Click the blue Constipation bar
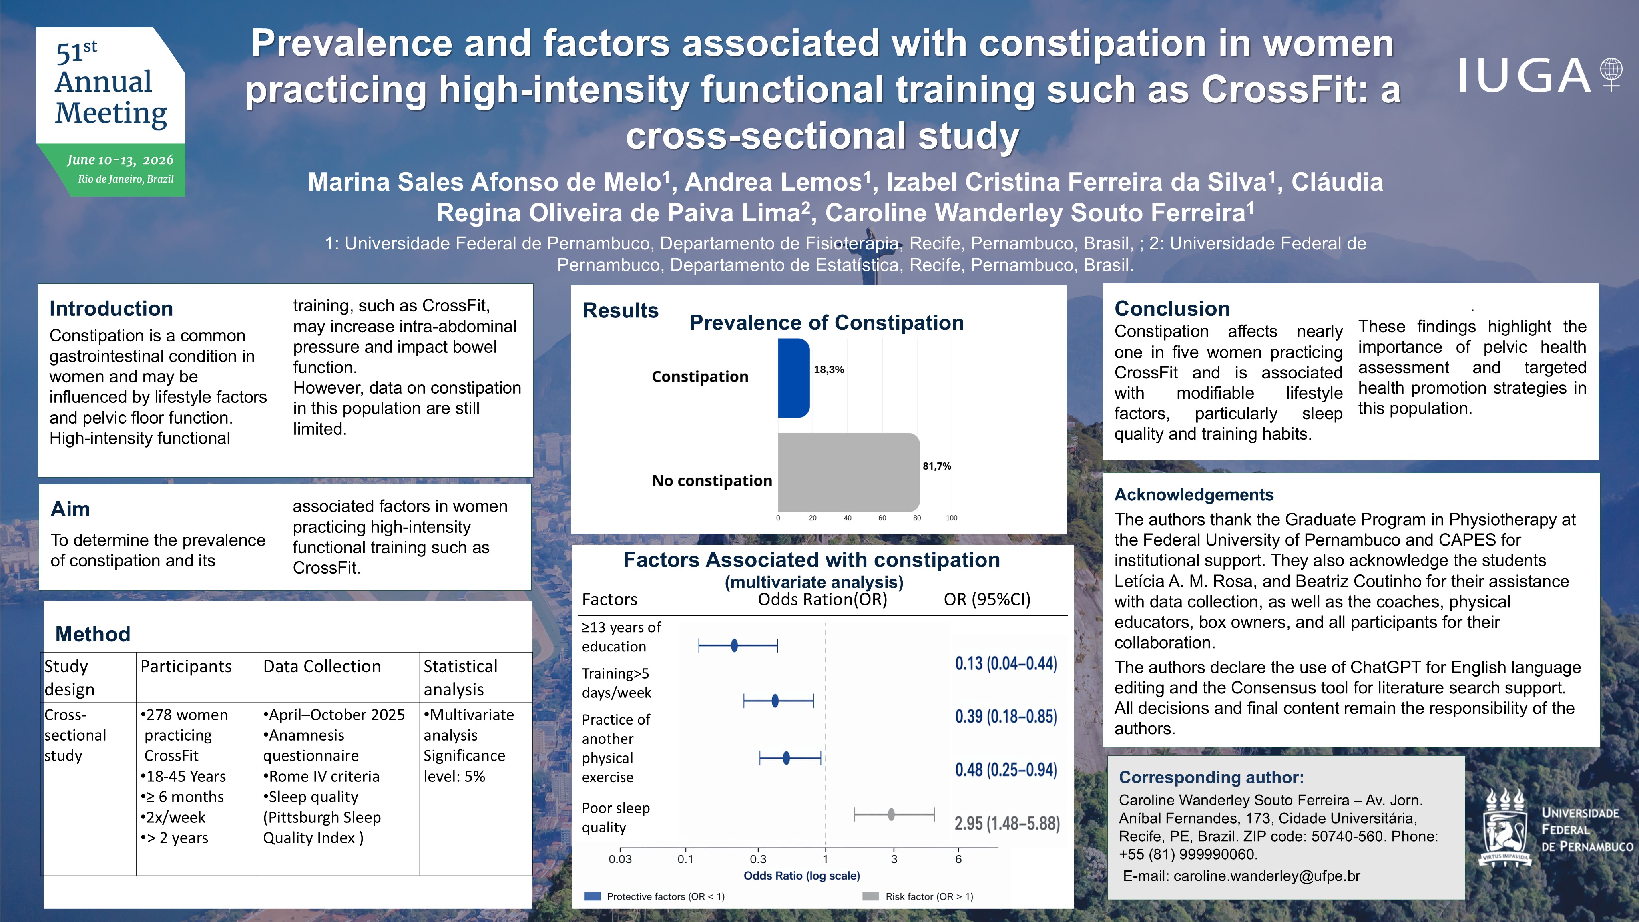click(x=794, y=378)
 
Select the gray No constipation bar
click(x=849, y=472)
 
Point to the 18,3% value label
click(x=828, y=370)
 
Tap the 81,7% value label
click(x=936, y=466)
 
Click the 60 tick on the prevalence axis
click(x=882, y=518)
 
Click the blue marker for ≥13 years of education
click(x=734, y=646)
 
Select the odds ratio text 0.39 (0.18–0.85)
click(x=1006, y=717)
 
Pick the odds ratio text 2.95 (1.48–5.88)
click(x=1006, y=824)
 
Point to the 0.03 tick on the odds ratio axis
click(x=621, y=859)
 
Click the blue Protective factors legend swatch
click(x=593, y=896)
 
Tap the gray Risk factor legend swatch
click(x=870, y=896)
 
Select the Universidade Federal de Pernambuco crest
click(x=1505, y=827)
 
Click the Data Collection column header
click(x=322, y=666)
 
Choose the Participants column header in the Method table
click(x=186, y=666)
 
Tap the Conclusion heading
click(x=1172, y=309)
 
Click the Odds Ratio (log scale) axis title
click(x=801, y=876)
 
